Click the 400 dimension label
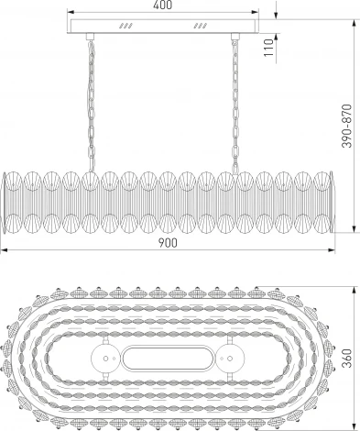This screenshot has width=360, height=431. [x=163, y=5]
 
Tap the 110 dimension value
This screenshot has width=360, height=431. [x=268, y=48]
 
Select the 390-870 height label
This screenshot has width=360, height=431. [x=346, y=126]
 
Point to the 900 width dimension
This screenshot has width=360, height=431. [x=168, y=243]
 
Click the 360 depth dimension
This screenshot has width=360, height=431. [x=346, y=359]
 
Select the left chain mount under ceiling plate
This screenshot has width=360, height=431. [x=90, y=37]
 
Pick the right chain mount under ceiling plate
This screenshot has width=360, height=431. [x=235, y=37]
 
